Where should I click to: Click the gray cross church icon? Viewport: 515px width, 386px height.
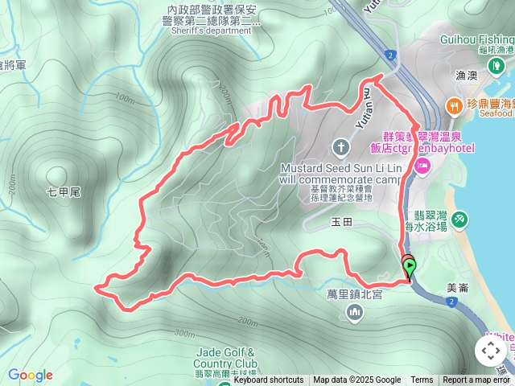pyautogui.click(x=340, y=146)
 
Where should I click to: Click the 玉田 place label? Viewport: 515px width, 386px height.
pyautogui.click(x=342, y=221)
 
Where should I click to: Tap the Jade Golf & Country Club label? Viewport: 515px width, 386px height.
pyautogui.click(x=226, y=358)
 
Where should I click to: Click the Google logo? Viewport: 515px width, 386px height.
pyautogui.click(x=31, y=375)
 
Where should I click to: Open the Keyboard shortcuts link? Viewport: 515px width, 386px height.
pyautogui.click(x=269, y=380)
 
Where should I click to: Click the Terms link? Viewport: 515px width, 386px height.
pyautogui.click(x=422, y=380)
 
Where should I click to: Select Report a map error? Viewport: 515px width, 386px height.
pyautogui.click(x=478, y=380)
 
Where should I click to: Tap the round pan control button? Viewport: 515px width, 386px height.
pyautogui.click(x=490, y=351)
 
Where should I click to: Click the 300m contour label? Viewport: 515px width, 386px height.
pyautogui.click(x=183, y=334)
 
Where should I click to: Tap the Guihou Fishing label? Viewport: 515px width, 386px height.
pyautogui.click(x=476, y=39)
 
